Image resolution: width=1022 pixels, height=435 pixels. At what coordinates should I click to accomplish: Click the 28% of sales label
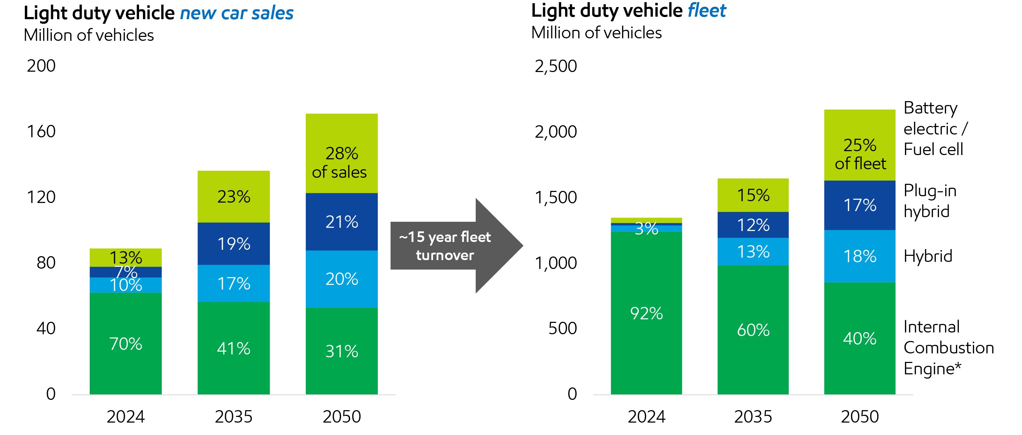coord(341,163)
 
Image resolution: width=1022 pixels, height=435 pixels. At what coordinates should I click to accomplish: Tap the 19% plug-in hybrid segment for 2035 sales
coord(233,243)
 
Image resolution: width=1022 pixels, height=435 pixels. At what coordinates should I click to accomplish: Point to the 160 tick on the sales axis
coord(41,131)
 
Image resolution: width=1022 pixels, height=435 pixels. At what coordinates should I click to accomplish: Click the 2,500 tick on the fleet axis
coord(556,66)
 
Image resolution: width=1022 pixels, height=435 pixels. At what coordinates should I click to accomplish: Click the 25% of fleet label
coord(860,154)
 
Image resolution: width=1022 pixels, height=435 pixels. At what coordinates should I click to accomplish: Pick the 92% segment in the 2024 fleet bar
coord(646,313)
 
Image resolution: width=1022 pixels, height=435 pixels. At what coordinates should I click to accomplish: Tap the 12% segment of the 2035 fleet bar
coord(753,225)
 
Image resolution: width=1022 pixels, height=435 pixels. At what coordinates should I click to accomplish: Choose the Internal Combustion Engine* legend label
coord(948,348)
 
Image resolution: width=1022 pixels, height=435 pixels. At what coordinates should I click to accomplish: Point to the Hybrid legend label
coord(928,256)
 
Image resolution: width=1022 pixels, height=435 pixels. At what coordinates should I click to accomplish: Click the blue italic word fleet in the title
coord(707,10)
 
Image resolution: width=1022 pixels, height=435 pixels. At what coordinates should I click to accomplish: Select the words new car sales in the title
coord(237,13)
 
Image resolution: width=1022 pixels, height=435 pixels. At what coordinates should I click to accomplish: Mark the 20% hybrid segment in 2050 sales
coord(341,279)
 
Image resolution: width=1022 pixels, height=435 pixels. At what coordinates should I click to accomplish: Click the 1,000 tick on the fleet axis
coord(556,263)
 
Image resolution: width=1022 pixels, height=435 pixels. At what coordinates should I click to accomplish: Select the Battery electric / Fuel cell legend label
coord(935,128)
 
